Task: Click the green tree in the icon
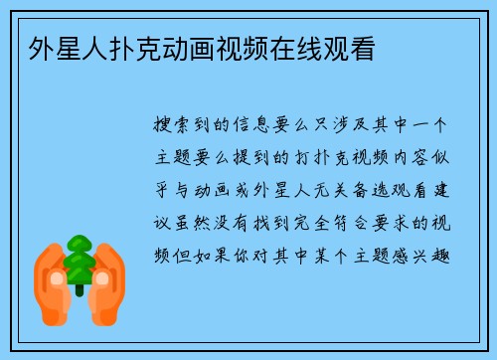click(79, 260)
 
